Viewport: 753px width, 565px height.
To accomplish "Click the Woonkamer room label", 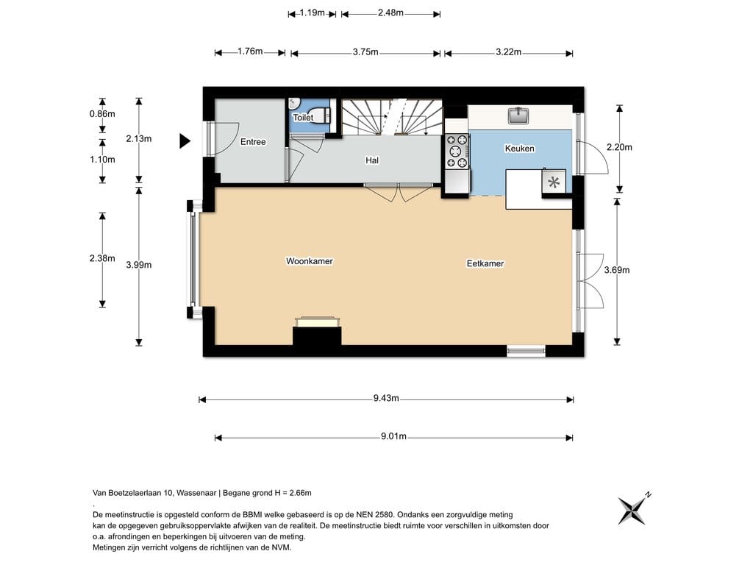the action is [310, 261].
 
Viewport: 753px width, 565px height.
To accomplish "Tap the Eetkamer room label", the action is [485, 263].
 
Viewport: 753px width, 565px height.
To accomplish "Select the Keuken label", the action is [520, 149].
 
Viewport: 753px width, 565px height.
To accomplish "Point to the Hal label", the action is [371, 160].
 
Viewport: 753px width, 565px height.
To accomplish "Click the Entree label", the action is [253, 142].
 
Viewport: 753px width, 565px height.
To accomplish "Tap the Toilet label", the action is [303, 117].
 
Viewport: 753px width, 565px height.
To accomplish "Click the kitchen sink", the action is [518, 116].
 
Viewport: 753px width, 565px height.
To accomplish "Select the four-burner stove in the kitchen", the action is [457, 152].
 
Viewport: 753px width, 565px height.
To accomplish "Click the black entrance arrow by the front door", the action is [185, 141].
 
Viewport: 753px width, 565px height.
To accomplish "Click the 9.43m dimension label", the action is [386, 398].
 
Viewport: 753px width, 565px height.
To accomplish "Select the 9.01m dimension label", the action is [394, 436].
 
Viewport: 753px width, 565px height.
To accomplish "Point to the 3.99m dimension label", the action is [139, 265].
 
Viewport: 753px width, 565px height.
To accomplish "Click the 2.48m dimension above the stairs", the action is [390, 13].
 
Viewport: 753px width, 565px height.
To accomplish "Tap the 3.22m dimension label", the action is [509, 52].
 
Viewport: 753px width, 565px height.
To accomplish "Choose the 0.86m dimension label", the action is [102, 114].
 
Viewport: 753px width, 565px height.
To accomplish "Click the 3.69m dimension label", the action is [617, 270].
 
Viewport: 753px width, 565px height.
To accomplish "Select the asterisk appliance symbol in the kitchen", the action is [554, 182].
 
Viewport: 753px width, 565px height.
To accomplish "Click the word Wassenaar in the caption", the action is [196, 492].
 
